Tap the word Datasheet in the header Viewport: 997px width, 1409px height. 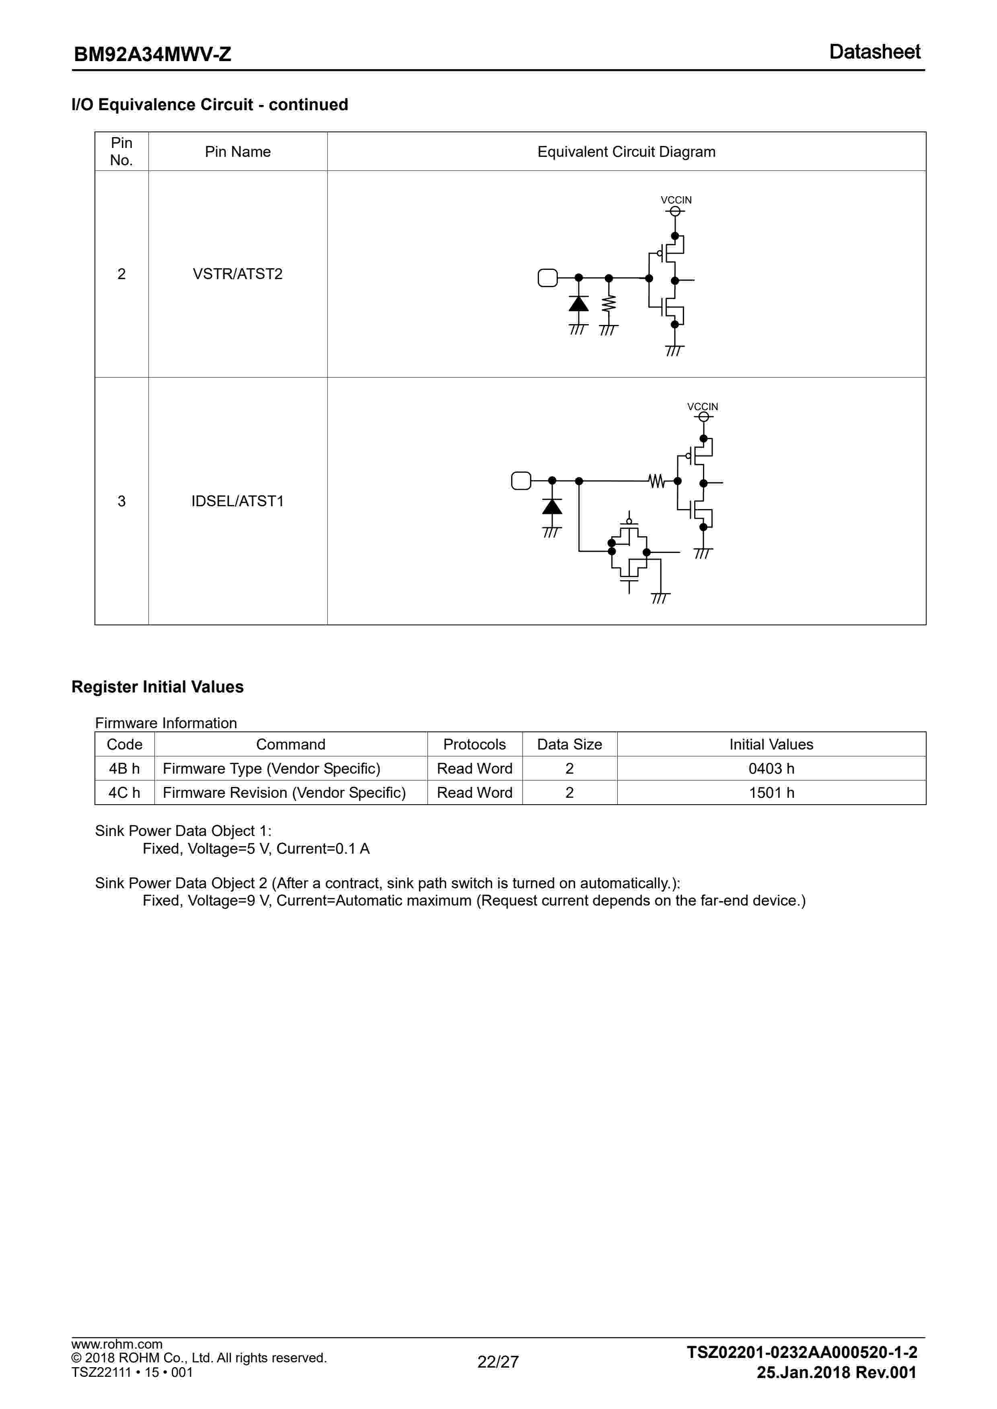[x=874, y=52]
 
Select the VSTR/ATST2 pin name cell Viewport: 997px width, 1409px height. [x=238, y=274]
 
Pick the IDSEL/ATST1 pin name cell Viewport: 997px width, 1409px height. [x=238, y=501]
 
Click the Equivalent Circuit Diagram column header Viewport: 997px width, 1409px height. [x=626, y=152]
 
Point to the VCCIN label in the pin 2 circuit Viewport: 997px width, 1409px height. [x=676, y=200]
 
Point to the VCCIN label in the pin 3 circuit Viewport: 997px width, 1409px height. [x=702, y=407]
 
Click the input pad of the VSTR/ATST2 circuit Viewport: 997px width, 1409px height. [x=547, y=278]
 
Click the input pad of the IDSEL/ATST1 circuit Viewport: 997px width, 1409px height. [x=520, y=481]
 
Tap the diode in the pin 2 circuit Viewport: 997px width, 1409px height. [x=578, y=304]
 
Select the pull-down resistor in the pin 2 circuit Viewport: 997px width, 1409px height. [x=608, y=304]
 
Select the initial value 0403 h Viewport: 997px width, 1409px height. [x=771, y=768]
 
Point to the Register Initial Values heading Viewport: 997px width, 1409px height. [x=157, y=687]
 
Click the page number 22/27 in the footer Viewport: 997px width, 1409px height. [x=498, y=1362]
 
